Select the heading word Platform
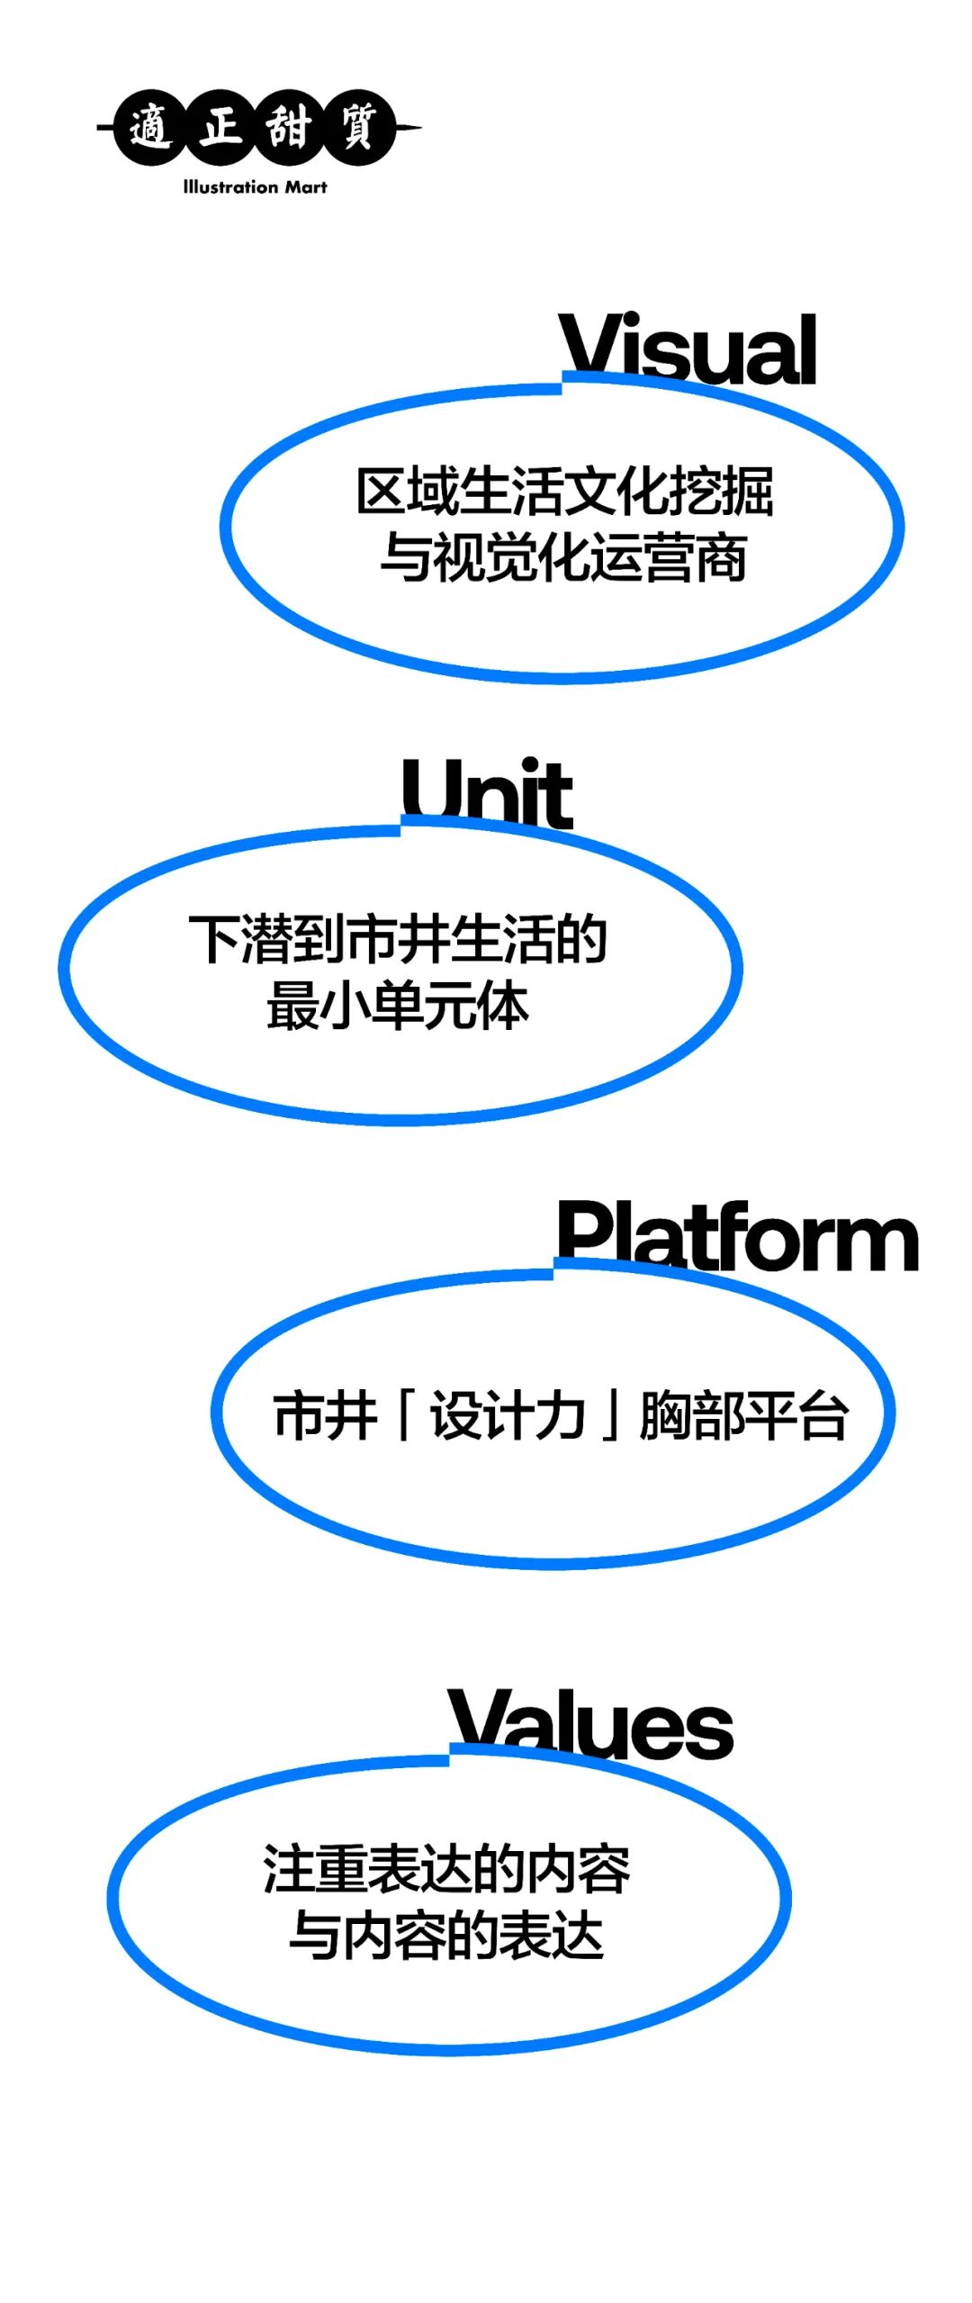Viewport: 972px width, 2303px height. (x=737, y=1237)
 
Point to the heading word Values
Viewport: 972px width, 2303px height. (x=590, y=1723)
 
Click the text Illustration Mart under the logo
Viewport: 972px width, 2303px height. (x=255, y=187)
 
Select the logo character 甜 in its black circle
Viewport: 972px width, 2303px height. (x=289, y=127)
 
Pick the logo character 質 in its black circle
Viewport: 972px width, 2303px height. (x=358, y=127)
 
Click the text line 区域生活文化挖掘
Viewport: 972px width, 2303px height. (x=564, y=492)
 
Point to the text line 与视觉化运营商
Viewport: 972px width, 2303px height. (x=563, y=557)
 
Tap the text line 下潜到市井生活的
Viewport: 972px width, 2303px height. (x=398, y=939)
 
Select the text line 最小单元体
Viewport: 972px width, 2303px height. (x=397, y=1006)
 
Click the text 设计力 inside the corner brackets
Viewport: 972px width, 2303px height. (x=508, y=1414)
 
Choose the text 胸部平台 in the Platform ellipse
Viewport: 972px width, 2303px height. (x=743, y=1414)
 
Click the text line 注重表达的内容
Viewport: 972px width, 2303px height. (x=446, y=1869)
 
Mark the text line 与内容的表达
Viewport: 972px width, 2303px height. (x=446, y=1936)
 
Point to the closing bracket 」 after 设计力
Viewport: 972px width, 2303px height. (x=611, y=1414)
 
